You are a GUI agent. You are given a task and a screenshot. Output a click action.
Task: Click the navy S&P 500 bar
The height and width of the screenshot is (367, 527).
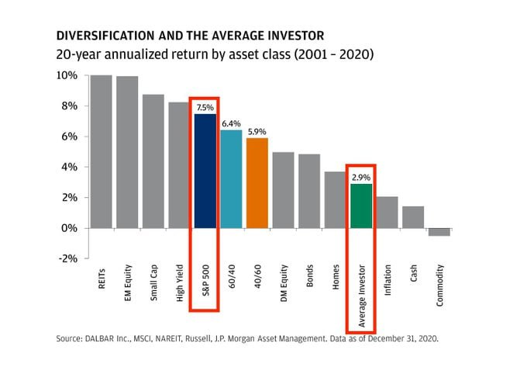(x=205, y=171)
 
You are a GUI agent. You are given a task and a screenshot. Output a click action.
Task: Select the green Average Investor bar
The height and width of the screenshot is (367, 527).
(x=361, y=206)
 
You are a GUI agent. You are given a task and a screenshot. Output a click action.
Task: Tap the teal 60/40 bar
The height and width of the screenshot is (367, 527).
(x=231, y=178)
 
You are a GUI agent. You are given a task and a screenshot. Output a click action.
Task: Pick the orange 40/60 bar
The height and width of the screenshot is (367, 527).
(x=257, y=182)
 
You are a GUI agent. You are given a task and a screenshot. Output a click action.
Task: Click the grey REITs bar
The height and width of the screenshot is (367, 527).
(x=101, y=151)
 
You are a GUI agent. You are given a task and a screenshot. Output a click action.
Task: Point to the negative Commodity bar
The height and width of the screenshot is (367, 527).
(x=439, y=231)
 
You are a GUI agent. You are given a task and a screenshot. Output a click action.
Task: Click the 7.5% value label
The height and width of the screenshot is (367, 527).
(x=205, y=107)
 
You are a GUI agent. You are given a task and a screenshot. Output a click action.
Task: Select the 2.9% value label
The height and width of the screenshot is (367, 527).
(x=361, y=178)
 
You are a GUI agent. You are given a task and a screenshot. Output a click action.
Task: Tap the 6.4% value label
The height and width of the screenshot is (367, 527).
(x=231, y=123)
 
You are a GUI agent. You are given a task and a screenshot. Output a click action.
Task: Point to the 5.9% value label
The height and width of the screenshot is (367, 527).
(x=257, y=131)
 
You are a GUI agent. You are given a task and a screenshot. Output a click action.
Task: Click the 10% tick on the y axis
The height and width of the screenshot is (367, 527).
(x=67, y=75)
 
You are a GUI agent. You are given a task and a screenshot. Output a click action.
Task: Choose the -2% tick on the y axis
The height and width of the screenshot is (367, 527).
(x=67, y=258)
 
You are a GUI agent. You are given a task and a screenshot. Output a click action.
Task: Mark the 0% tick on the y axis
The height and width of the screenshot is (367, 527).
(x=70, y=228)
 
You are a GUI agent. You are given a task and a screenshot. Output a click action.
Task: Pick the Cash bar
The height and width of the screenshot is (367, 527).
(x=413, y=217)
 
